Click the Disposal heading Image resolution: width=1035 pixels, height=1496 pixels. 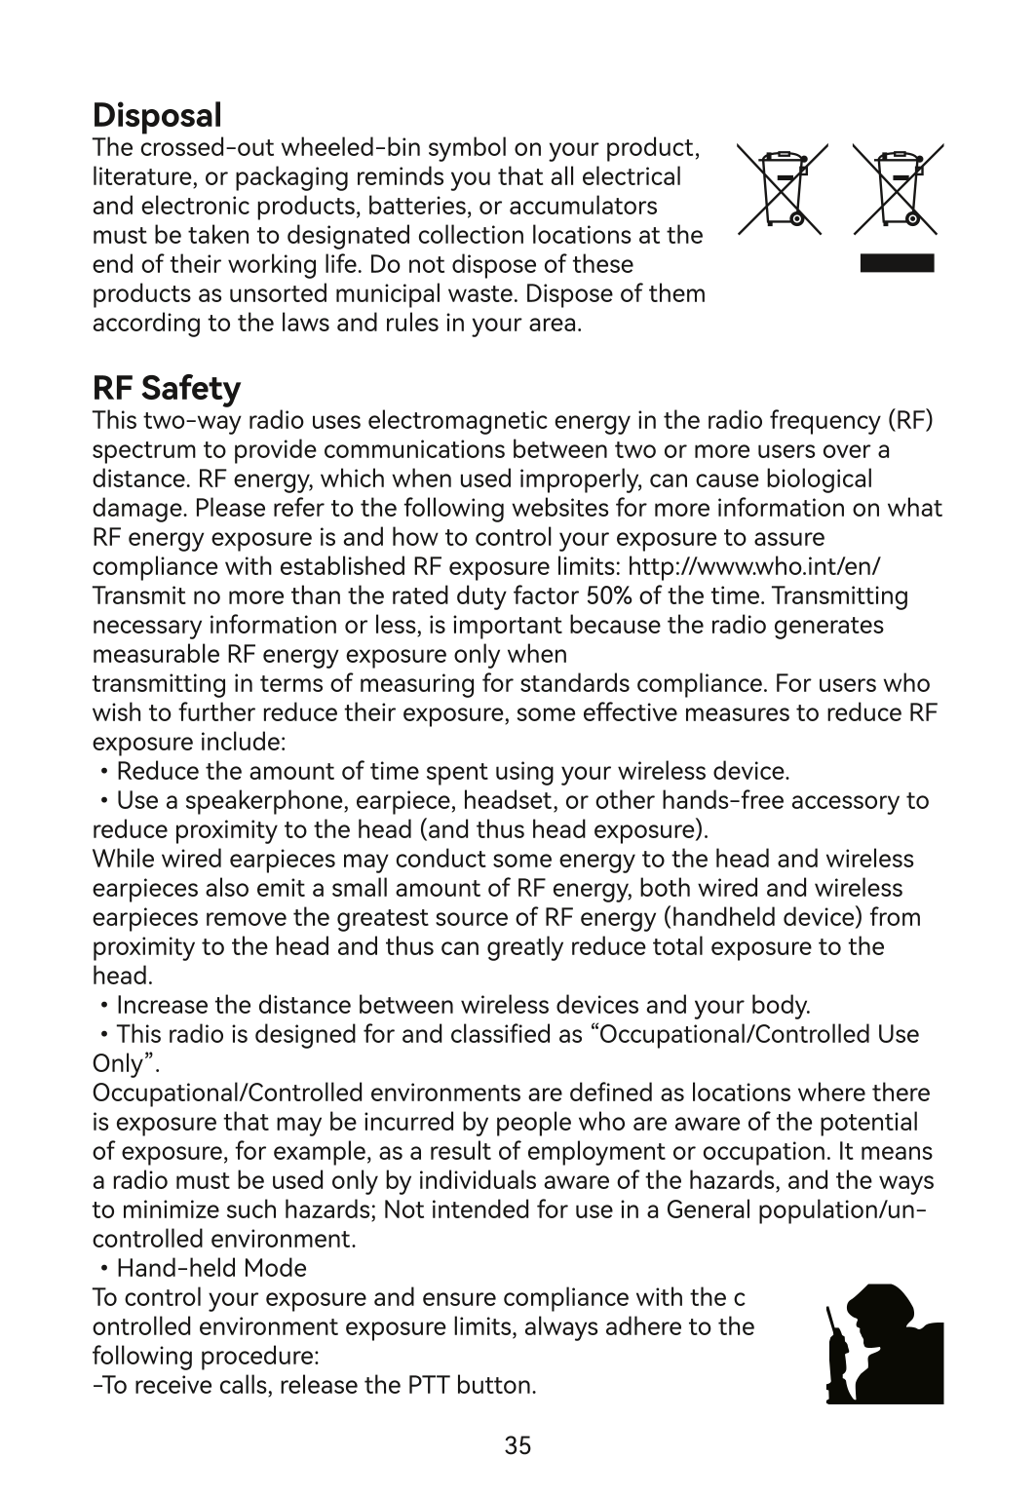point(157,115)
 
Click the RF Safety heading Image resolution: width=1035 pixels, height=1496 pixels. point(166,388)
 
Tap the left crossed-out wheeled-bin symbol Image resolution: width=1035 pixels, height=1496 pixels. point(783,189)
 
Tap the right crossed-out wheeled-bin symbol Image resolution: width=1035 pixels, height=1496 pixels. point(898,189)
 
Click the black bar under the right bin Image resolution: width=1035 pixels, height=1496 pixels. point(898,262)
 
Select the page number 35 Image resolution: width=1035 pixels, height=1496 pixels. point(518,1445)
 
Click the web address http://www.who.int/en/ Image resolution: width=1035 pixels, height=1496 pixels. point(755,566)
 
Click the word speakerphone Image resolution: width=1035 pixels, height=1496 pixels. point(256,801)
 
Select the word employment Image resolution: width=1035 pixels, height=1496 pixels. point(600,1152)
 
